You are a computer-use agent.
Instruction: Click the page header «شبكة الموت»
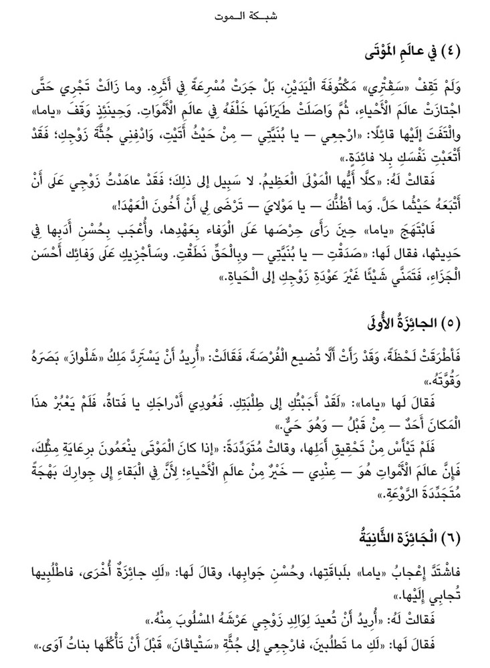click(x=245, y=14)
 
